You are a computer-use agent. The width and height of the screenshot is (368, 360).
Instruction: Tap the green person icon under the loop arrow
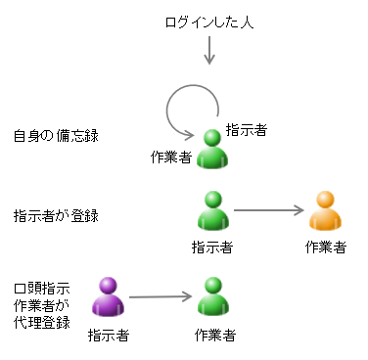(x=212, y=151)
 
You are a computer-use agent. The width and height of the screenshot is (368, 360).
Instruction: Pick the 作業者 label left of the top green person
(x=171, y=157)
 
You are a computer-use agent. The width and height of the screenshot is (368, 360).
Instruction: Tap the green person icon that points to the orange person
(x=212, y=210)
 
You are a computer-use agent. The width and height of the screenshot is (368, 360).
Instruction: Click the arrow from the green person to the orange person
(x=270, y=209)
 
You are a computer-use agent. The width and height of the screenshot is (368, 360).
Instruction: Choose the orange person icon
(x=326, y=210)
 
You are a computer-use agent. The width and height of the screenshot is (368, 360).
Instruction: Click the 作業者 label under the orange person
(x=326, y=247)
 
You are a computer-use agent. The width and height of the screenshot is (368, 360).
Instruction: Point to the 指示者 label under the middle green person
(x=212, y=247)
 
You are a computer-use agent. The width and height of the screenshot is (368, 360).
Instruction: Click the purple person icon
(x=109, y=297)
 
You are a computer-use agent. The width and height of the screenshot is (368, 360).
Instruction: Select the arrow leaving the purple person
(x=159, y=295)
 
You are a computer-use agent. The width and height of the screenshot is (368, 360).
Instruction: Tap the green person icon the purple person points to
(x=213, y=297)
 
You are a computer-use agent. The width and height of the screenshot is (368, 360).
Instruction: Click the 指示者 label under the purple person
(x=108, y=336)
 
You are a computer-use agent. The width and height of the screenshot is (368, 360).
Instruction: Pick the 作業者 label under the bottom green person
(x=213, y=336)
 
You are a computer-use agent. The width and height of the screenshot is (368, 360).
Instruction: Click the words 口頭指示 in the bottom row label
(x=41, y=290)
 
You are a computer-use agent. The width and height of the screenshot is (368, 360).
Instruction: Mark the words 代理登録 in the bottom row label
(x=41, y=322)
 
